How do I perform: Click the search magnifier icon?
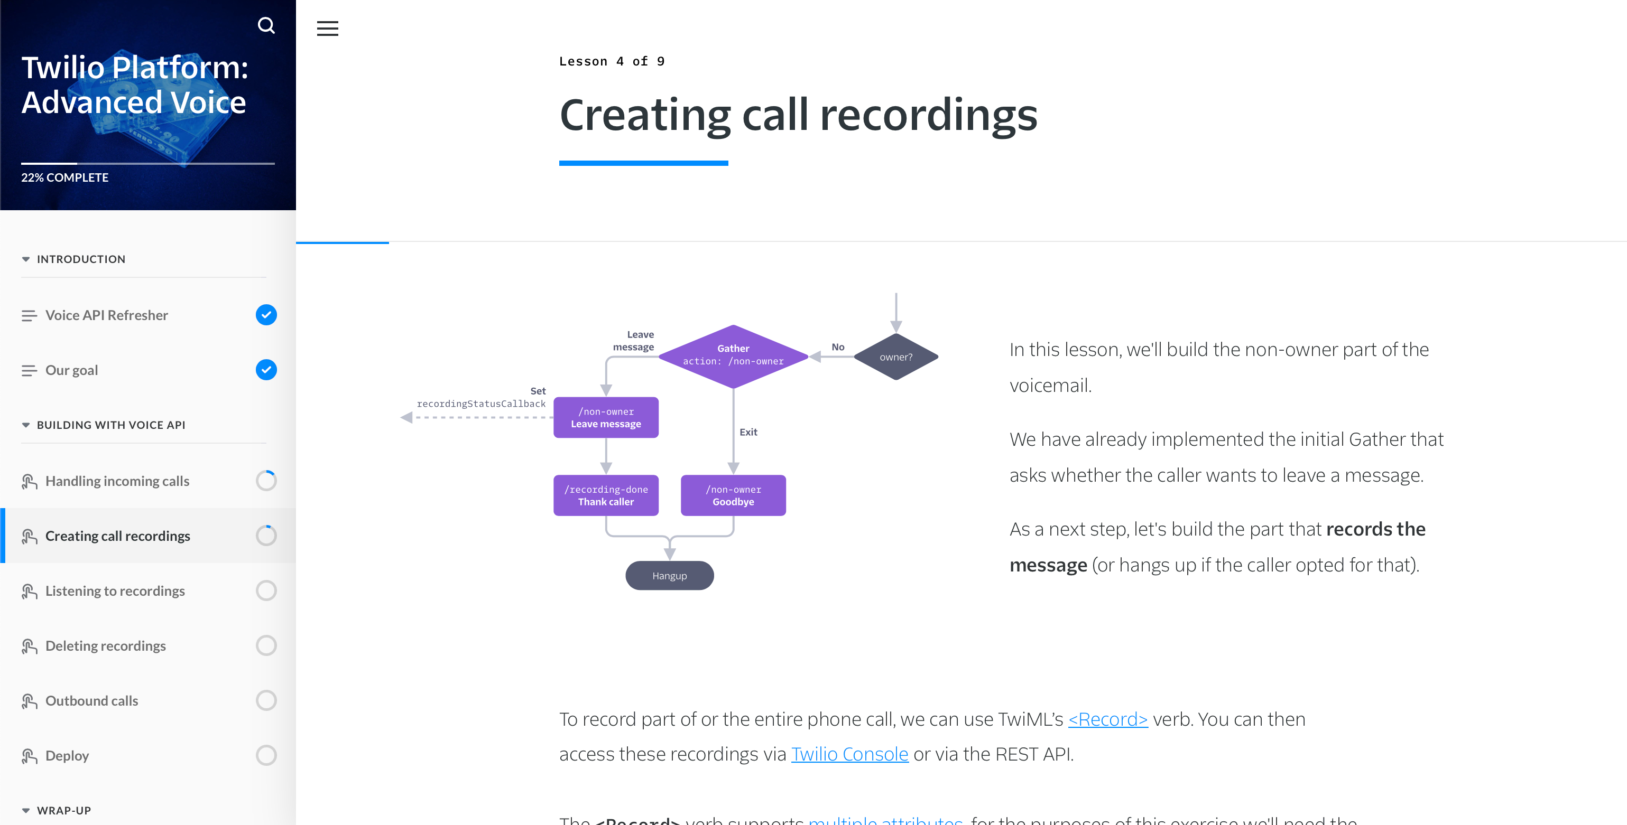coord(266,25)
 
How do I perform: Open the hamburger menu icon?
coord(327,29)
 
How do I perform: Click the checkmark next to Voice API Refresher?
coord(266,314)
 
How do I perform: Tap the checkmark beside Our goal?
coord(266,369)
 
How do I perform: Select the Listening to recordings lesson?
coord(115,591)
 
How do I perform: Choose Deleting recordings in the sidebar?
coord(106,646)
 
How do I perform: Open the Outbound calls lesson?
coord(91,701)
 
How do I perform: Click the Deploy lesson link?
coord(67,756)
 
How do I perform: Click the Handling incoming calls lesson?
coord(117,481)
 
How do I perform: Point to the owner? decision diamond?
coord(895,357)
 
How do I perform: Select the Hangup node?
coord(670,576)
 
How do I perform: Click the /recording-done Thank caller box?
coord(606,495)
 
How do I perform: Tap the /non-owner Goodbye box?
coord(733,495)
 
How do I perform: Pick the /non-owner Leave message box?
coord(606,417)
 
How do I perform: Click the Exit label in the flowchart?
coord(748,432)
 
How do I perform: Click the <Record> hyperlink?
coord(1107,719)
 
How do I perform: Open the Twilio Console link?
coord(849,754)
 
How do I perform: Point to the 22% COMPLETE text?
coord(65,177)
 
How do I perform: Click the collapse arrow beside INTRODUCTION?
coord(26,259)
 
